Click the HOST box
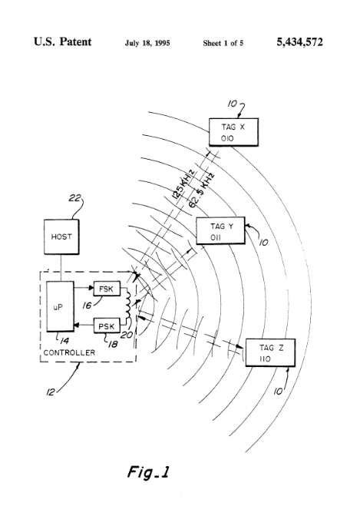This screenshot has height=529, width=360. [61, 236]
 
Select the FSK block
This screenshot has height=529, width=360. [107, 289]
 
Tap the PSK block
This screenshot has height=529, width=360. [107, 326]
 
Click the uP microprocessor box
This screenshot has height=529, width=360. [60, 306]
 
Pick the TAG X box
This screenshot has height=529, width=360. [233, 132]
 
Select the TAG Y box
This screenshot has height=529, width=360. [220, 230]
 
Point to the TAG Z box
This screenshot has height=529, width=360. [270, 352]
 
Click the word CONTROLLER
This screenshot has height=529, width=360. [69, 352]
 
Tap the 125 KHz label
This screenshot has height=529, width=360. [183, 184]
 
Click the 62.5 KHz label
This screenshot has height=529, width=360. [201, 190]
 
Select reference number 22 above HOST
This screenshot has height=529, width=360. [75, 197]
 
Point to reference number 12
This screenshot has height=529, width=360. [50, 392]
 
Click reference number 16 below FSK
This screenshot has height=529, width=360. [87, 306]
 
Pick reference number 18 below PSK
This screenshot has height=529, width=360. [113, 344]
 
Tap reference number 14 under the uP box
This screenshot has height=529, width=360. [64, 341]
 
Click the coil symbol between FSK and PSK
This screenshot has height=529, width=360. [128, 306]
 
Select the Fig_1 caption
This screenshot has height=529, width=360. [148, 471]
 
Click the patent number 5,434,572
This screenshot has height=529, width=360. [299, 41]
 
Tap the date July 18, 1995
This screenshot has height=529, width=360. [147, 43]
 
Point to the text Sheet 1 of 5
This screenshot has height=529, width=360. [223, 43]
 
